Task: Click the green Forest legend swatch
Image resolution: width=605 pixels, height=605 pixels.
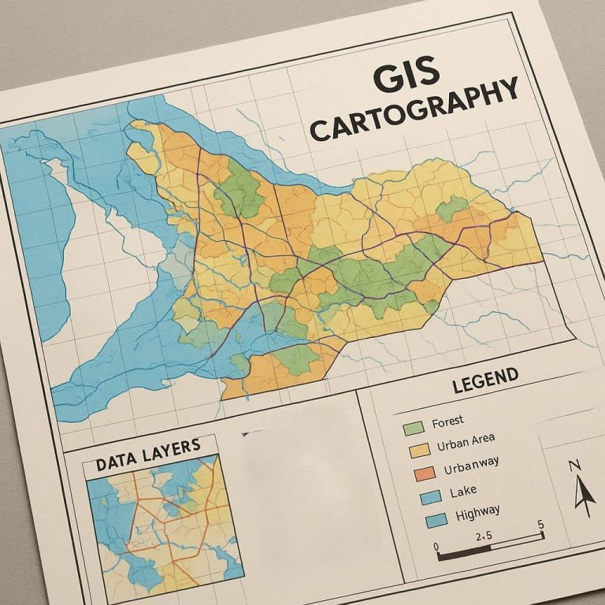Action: click(414, 428)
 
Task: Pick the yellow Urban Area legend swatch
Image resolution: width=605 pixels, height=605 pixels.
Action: click(418, 450)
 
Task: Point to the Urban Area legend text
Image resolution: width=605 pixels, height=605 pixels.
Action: click(465, 444)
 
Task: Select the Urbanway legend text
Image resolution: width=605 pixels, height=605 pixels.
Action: click(471, 466)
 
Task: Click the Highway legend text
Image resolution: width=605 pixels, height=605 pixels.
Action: click(477, 513)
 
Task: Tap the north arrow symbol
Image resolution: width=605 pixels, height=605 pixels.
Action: click(584, 493)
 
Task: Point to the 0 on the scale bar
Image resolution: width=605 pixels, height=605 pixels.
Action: click(436, 545)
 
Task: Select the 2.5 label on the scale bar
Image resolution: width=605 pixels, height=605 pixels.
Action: click(484, 536)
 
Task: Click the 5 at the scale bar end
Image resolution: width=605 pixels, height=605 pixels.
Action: click(540, 525)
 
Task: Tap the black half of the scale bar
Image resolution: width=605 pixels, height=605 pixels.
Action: click(465, 551)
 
